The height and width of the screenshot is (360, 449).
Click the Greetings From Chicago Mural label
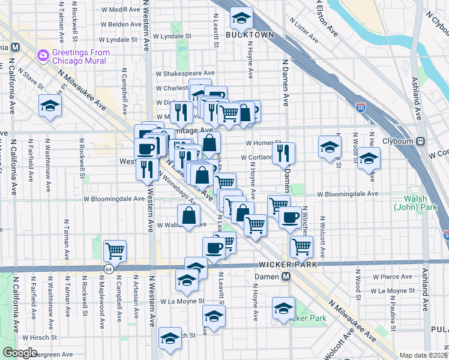tap(80, 56)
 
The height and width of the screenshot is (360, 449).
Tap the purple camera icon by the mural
tap(43, 56)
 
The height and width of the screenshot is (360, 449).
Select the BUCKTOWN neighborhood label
tap(250, 35)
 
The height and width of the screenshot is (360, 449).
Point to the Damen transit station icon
tap(286, 277)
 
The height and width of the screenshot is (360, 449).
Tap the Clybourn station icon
tap(421, 142)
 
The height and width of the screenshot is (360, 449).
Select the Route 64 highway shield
tap(108, 269)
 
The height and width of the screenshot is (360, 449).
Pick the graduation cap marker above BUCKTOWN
tap(241, 20)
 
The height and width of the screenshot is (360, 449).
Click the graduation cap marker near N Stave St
tap(50, 107)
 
